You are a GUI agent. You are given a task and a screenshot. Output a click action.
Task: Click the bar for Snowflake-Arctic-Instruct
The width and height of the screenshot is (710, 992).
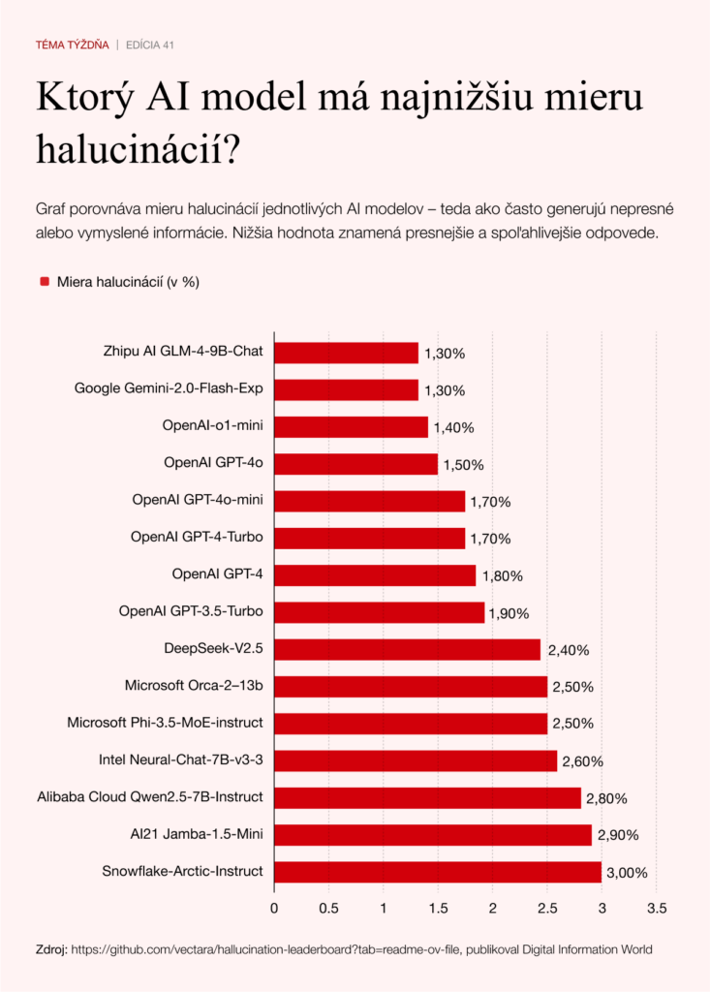pos(437,872)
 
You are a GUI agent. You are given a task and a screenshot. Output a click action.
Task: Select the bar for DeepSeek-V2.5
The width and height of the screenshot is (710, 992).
pos(407,649)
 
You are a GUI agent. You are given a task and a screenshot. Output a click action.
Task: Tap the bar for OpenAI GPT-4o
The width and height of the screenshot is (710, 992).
pos(355,464)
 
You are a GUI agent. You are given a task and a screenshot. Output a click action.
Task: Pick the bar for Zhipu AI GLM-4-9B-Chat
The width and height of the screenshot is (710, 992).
pos(346,353)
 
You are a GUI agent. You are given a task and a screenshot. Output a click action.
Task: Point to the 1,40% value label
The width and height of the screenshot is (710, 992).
pos(454,427)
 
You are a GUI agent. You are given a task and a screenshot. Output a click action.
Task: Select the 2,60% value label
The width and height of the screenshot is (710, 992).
pos(583,760)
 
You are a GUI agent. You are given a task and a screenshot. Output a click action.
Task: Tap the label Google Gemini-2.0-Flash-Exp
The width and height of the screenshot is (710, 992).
pos(169,389)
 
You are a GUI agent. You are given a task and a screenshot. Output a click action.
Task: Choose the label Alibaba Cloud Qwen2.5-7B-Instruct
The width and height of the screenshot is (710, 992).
pos(150,797)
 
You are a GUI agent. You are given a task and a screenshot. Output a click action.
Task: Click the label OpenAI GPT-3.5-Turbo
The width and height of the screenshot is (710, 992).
pos(191,612)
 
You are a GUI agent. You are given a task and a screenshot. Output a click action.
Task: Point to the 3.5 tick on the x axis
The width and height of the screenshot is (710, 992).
pos(657,909)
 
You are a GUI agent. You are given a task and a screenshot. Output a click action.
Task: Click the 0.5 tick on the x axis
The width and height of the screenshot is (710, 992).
pos(328,909)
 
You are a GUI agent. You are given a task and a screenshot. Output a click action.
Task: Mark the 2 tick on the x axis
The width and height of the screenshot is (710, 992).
pos(492,909)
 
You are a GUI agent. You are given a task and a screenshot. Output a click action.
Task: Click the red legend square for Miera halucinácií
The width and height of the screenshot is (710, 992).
pos(44,282)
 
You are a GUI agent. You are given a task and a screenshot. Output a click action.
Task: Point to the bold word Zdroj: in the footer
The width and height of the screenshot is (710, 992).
pos(50,950)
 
